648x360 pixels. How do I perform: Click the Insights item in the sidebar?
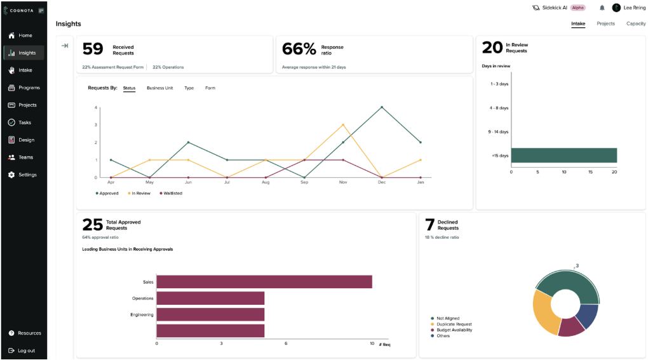tap(27, 53)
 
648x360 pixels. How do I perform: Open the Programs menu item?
tap(29, 88)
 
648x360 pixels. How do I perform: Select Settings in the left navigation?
tap(27, 175)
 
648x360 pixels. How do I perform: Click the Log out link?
tap(26, 350)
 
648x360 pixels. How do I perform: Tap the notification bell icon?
tap(602, 8)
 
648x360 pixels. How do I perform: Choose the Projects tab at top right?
tap(605, 23)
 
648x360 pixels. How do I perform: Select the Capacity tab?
tap(635, 23)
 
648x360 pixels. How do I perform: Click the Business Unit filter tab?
tap(159, 88)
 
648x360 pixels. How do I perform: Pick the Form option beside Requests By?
tap(210, 88)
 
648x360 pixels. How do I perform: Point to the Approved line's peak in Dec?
tap(382, 107)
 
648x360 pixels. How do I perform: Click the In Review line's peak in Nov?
tap(343, 124)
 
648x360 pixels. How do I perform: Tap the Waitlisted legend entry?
tap(171, 193)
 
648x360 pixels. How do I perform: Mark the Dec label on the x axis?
tap(382, 182)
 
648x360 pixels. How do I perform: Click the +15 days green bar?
tap(564, 156)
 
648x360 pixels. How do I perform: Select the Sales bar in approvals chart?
tap(264, 282)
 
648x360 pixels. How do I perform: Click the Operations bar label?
tap(142, 298)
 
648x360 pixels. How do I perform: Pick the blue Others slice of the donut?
tap(587, 316)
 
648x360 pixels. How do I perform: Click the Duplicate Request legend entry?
tap(454, 324)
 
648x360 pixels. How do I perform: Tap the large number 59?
tap(93, 49)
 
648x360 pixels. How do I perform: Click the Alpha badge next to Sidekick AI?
tap(577, 8)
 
